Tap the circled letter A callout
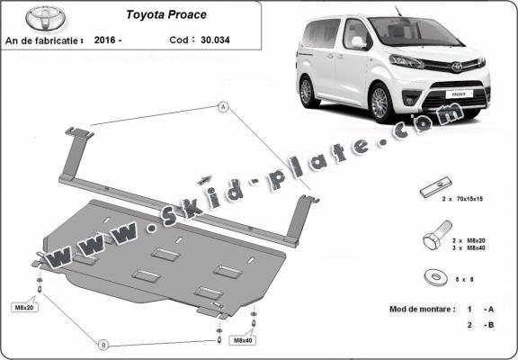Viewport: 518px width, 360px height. tap(220, 107)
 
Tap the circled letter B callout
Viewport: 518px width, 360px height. tap(103, 344)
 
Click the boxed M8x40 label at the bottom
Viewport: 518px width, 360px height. tap(242, 341)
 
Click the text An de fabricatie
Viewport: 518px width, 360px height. tap(44, 40)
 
